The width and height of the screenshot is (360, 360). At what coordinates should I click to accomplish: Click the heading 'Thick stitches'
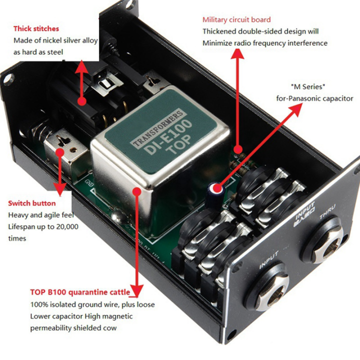[36, 29]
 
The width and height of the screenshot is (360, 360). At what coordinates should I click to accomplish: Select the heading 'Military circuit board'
[236, 20]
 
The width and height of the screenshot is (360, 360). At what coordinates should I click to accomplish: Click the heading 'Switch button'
[32, 203]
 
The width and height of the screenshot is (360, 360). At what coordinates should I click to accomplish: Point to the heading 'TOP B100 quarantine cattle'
[80, 292]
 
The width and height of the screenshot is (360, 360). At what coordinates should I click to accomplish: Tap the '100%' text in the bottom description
[39, 304]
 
